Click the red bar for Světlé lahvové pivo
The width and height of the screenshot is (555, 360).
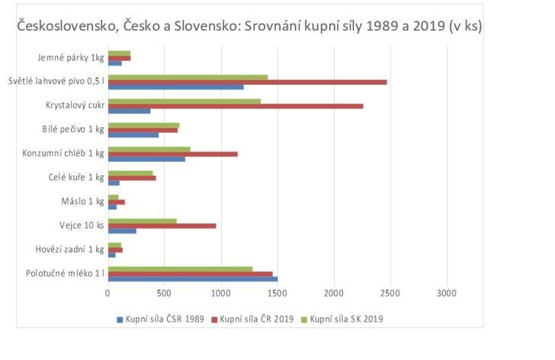(247, 82)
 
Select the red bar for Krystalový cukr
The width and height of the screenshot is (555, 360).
(236, 106)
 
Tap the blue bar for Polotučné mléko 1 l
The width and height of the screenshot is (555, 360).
(192, 279)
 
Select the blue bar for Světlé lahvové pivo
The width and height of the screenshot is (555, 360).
(175, 87)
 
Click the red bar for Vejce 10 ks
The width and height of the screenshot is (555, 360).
(162, 226)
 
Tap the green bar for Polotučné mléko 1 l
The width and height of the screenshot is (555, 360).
(180, 268)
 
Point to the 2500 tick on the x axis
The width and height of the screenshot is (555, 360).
(390, 293)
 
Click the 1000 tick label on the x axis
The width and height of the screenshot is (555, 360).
(220, 293)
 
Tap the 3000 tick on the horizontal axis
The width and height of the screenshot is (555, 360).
(446, 293)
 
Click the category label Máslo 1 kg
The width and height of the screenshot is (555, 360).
(82, 202)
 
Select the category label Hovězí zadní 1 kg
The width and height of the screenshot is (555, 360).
(69, 249)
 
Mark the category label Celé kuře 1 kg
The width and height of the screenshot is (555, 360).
(76, 178)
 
